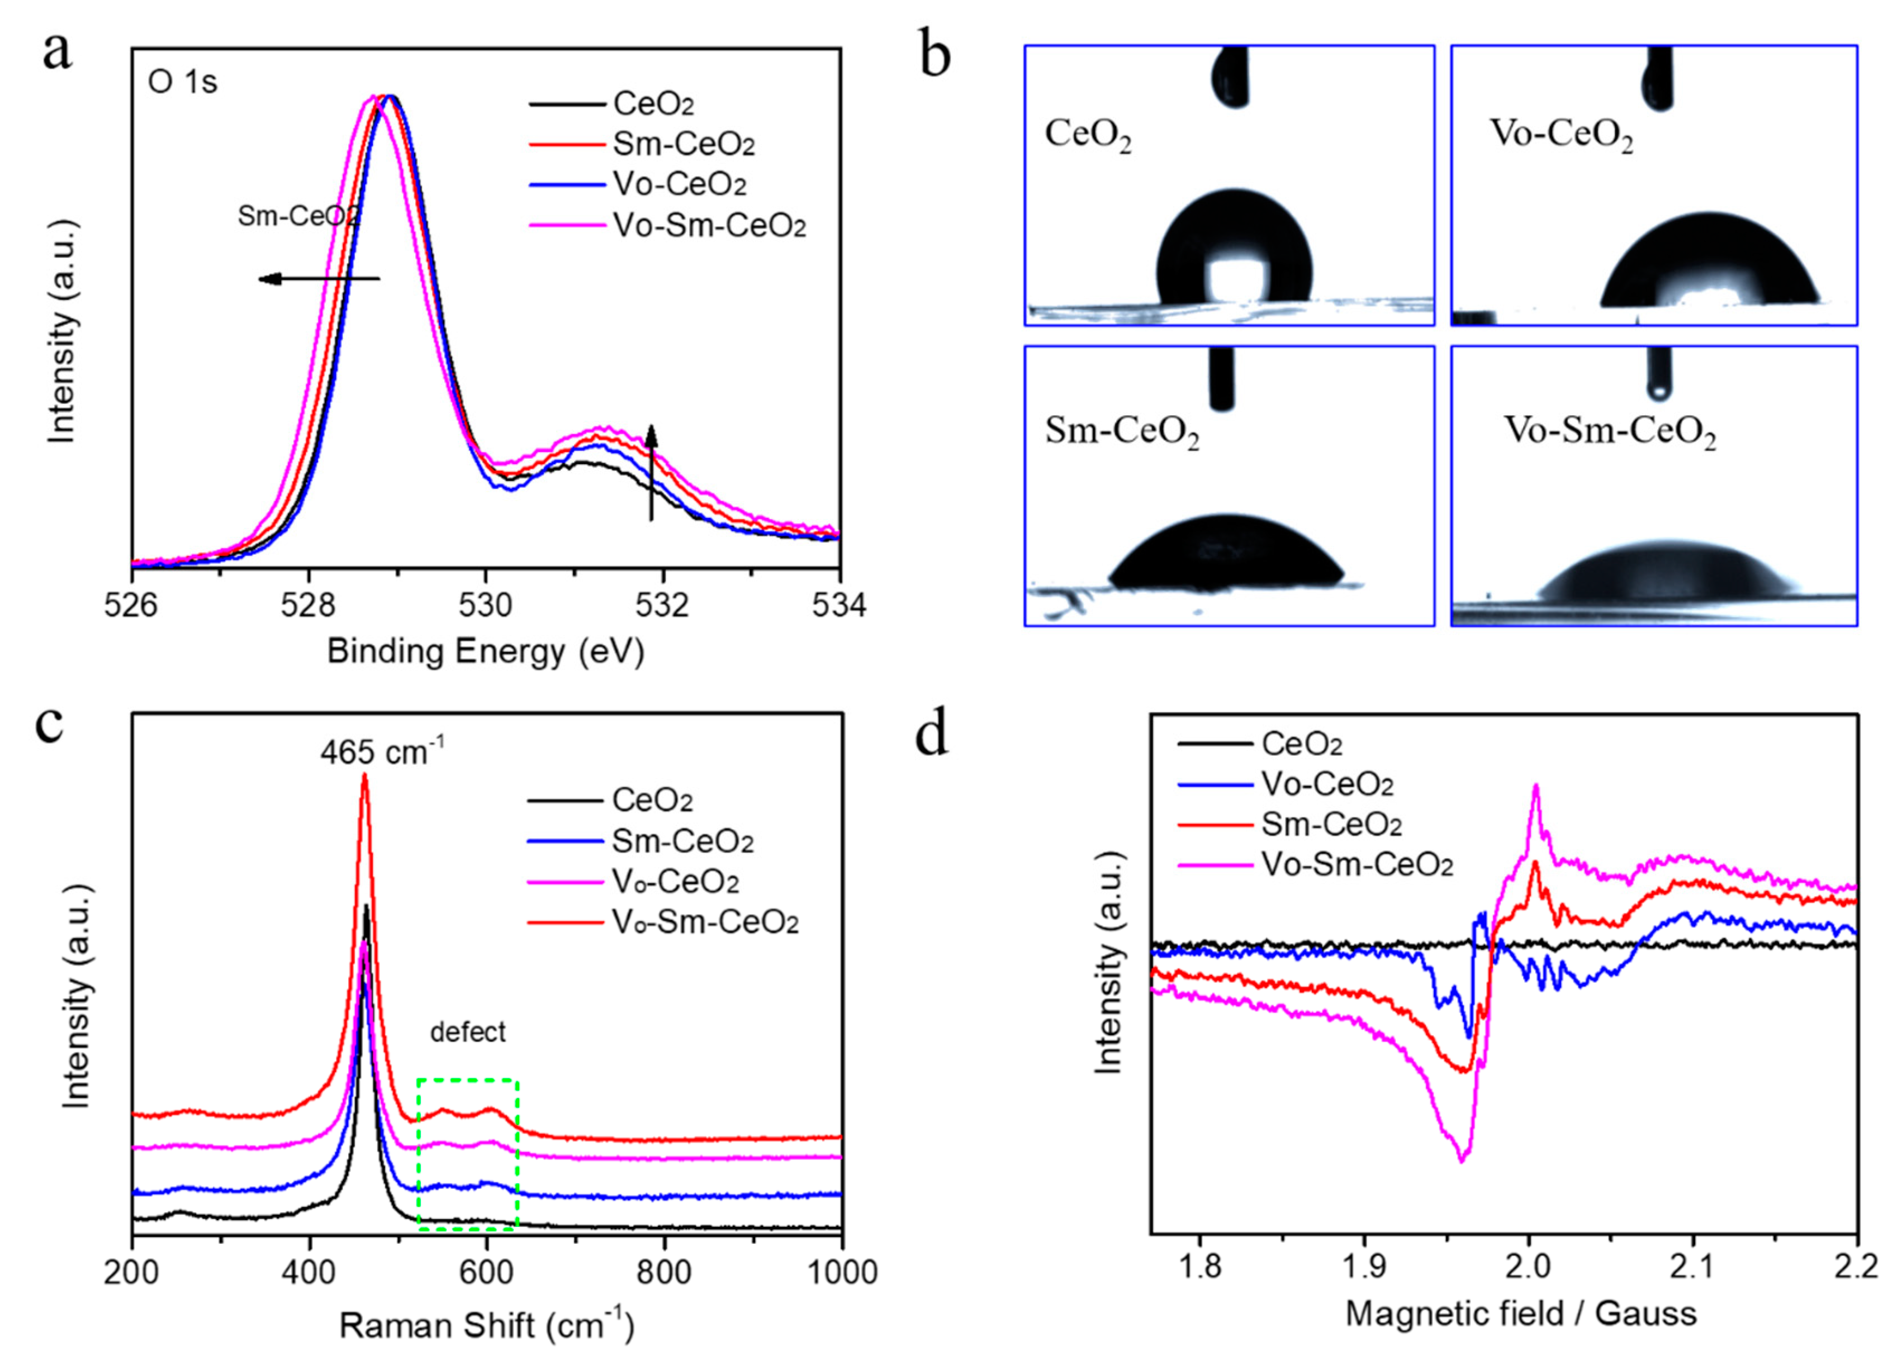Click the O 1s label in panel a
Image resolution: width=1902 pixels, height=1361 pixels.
tap(183, 83)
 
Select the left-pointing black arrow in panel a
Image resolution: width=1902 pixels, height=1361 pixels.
tap(319, 279)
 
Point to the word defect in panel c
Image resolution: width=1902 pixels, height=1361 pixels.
tap(468, 1031)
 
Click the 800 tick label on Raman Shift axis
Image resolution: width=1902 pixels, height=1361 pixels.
tap(664, 1272)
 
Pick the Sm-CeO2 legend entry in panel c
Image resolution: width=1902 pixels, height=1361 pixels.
tap(681, 840)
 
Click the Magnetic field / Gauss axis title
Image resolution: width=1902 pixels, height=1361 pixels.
tap(1521, 1313)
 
